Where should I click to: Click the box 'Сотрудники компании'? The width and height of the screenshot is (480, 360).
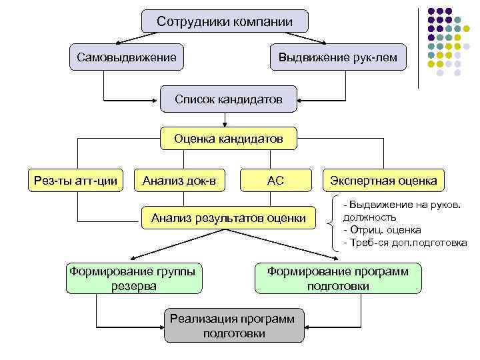tap(225, 21)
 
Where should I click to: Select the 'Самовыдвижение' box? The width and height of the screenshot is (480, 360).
tap(127, 58)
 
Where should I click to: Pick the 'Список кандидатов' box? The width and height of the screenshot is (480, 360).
tap(228, 99)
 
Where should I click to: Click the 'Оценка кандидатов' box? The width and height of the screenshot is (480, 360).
tap(228, 139)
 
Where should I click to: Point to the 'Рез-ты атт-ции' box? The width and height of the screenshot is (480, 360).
tap(75, 179)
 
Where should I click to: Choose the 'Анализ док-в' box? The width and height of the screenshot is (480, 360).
tap(179, 179)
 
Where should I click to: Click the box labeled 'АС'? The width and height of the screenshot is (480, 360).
tap(275, 179)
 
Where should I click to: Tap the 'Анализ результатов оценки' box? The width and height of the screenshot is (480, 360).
tap(228, 217)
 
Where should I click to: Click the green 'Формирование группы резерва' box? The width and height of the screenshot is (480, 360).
tap(135, 279)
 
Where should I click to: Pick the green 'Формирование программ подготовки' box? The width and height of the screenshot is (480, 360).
tap(338, 279)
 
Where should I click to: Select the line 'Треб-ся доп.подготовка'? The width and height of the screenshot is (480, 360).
tap(405, 243)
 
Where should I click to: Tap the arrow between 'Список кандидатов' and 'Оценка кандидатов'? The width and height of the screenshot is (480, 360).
tap(227, 119)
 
